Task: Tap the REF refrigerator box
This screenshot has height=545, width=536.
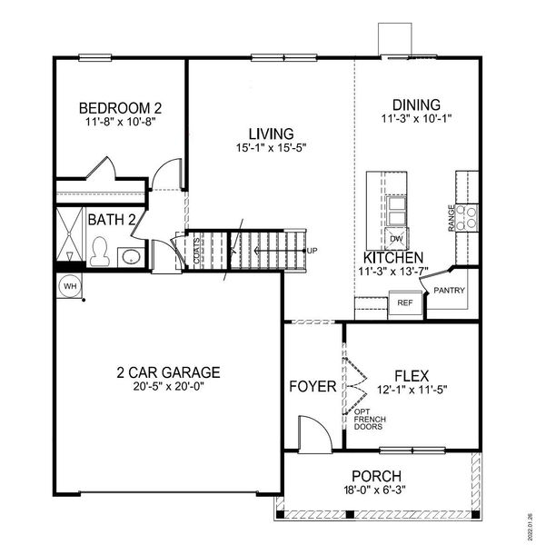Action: [x=405, y=303]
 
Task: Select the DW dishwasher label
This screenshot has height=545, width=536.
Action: [x=396, y=240]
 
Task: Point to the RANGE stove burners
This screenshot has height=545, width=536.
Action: [x=467, y=217]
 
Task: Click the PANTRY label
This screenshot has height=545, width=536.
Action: [x=450, y=291]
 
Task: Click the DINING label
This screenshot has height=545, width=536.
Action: [x=416, y=104]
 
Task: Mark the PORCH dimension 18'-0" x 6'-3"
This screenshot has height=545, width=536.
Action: [x=377, y=490]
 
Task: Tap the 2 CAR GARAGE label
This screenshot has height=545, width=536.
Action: [x=169, y=372]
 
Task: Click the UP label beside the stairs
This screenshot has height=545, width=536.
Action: [x=313, y=251]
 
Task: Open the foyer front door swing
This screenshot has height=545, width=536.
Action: [x=310, y=431]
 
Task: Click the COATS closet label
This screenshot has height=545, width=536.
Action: [x=197, y=251]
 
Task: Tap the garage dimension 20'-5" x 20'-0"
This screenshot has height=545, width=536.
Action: [x=169, y=385]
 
